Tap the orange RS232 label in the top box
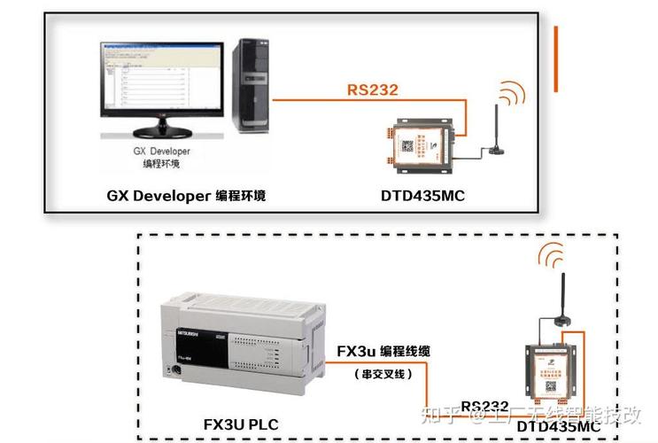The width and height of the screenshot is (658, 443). point(372,89)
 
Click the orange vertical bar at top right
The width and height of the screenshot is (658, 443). point(555,58)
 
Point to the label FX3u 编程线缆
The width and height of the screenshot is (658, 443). point(383,352)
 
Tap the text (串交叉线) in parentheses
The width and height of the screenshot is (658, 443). point(383,374)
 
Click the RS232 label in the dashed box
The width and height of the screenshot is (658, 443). point(484,406)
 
